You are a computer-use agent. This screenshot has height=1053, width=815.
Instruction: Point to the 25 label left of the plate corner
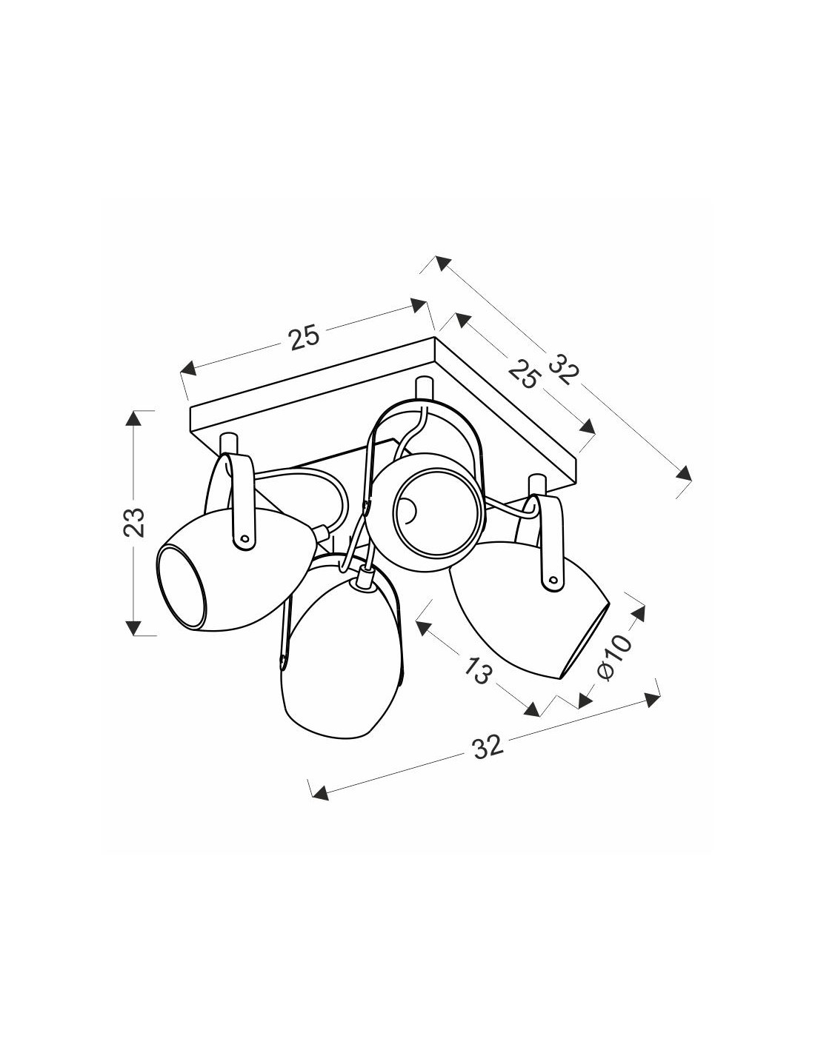point(305,337)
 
